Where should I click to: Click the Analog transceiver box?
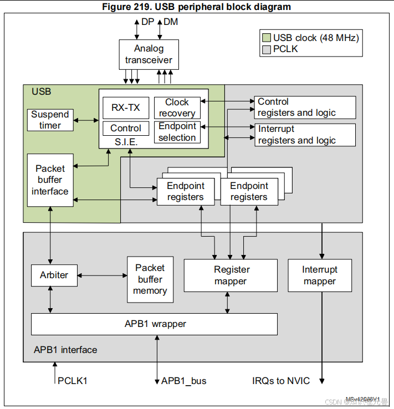tap(149, 54)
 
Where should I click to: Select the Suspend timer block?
tap(50, 120)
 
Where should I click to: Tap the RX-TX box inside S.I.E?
tap(126, 108)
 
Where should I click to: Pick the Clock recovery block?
tap(177, 108)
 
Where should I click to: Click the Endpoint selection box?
tap(177, 132)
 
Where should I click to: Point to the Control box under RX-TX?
tap(126, 128)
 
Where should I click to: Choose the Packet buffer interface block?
tap(50, 180)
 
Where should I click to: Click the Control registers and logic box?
tap(305, 108)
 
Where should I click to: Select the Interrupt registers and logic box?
tap(305, 135)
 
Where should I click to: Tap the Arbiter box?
tap(54, 275)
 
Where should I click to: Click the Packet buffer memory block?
tap(150, 279)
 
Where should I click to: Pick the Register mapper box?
tap(231, 275)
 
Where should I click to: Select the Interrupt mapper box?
tap(320, 275)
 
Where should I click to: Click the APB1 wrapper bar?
tap(154, 324)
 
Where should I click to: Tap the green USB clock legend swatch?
tap(267, 38)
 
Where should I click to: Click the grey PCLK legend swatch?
tap(267, 49)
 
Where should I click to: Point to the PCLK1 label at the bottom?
tap(73, 381)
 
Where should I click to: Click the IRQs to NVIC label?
tap(281, 381)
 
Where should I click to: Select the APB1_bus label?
tap(183, 381)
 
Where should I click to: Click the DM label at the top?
tap(170, 22)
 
